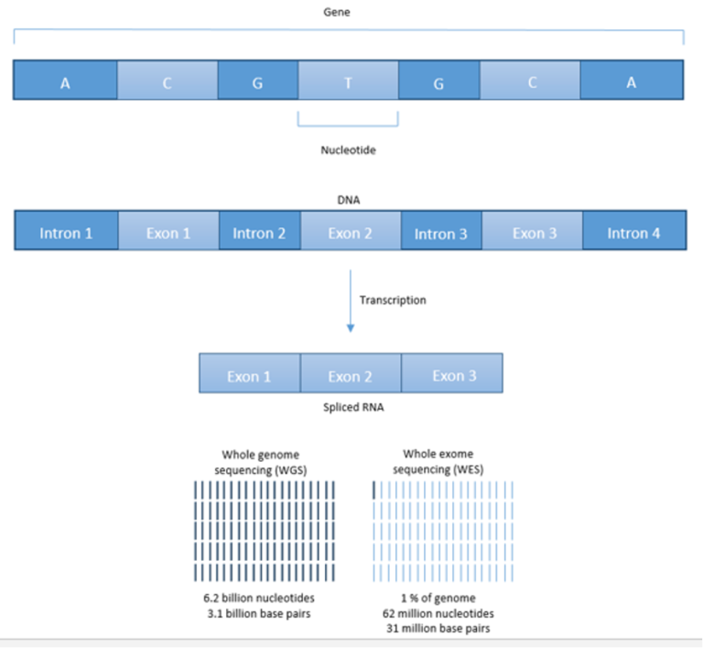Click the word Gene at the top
337,12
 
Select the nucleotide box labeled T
349,80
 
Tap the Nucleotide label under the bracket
349,150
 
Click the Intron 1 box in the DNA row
66,230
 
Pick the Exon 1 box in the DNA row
168,230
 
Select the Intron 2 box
260,230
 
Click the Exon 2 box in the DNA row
351,230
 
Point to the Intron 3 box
441,230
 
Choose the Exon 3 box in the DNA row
532,230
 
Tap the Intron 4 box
634,230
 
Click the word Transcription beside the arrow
393,300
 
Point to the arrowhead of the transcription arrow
351,328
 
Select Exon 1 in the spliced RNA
250,373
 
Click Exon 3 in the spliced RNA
452,373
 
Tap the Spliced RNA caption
353,407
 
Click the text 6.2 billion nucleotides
259,599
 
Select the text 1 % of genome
438,599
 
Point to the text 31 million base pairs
438,628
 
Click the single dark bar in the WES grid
373,490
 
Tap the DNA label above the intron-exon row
349,200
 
